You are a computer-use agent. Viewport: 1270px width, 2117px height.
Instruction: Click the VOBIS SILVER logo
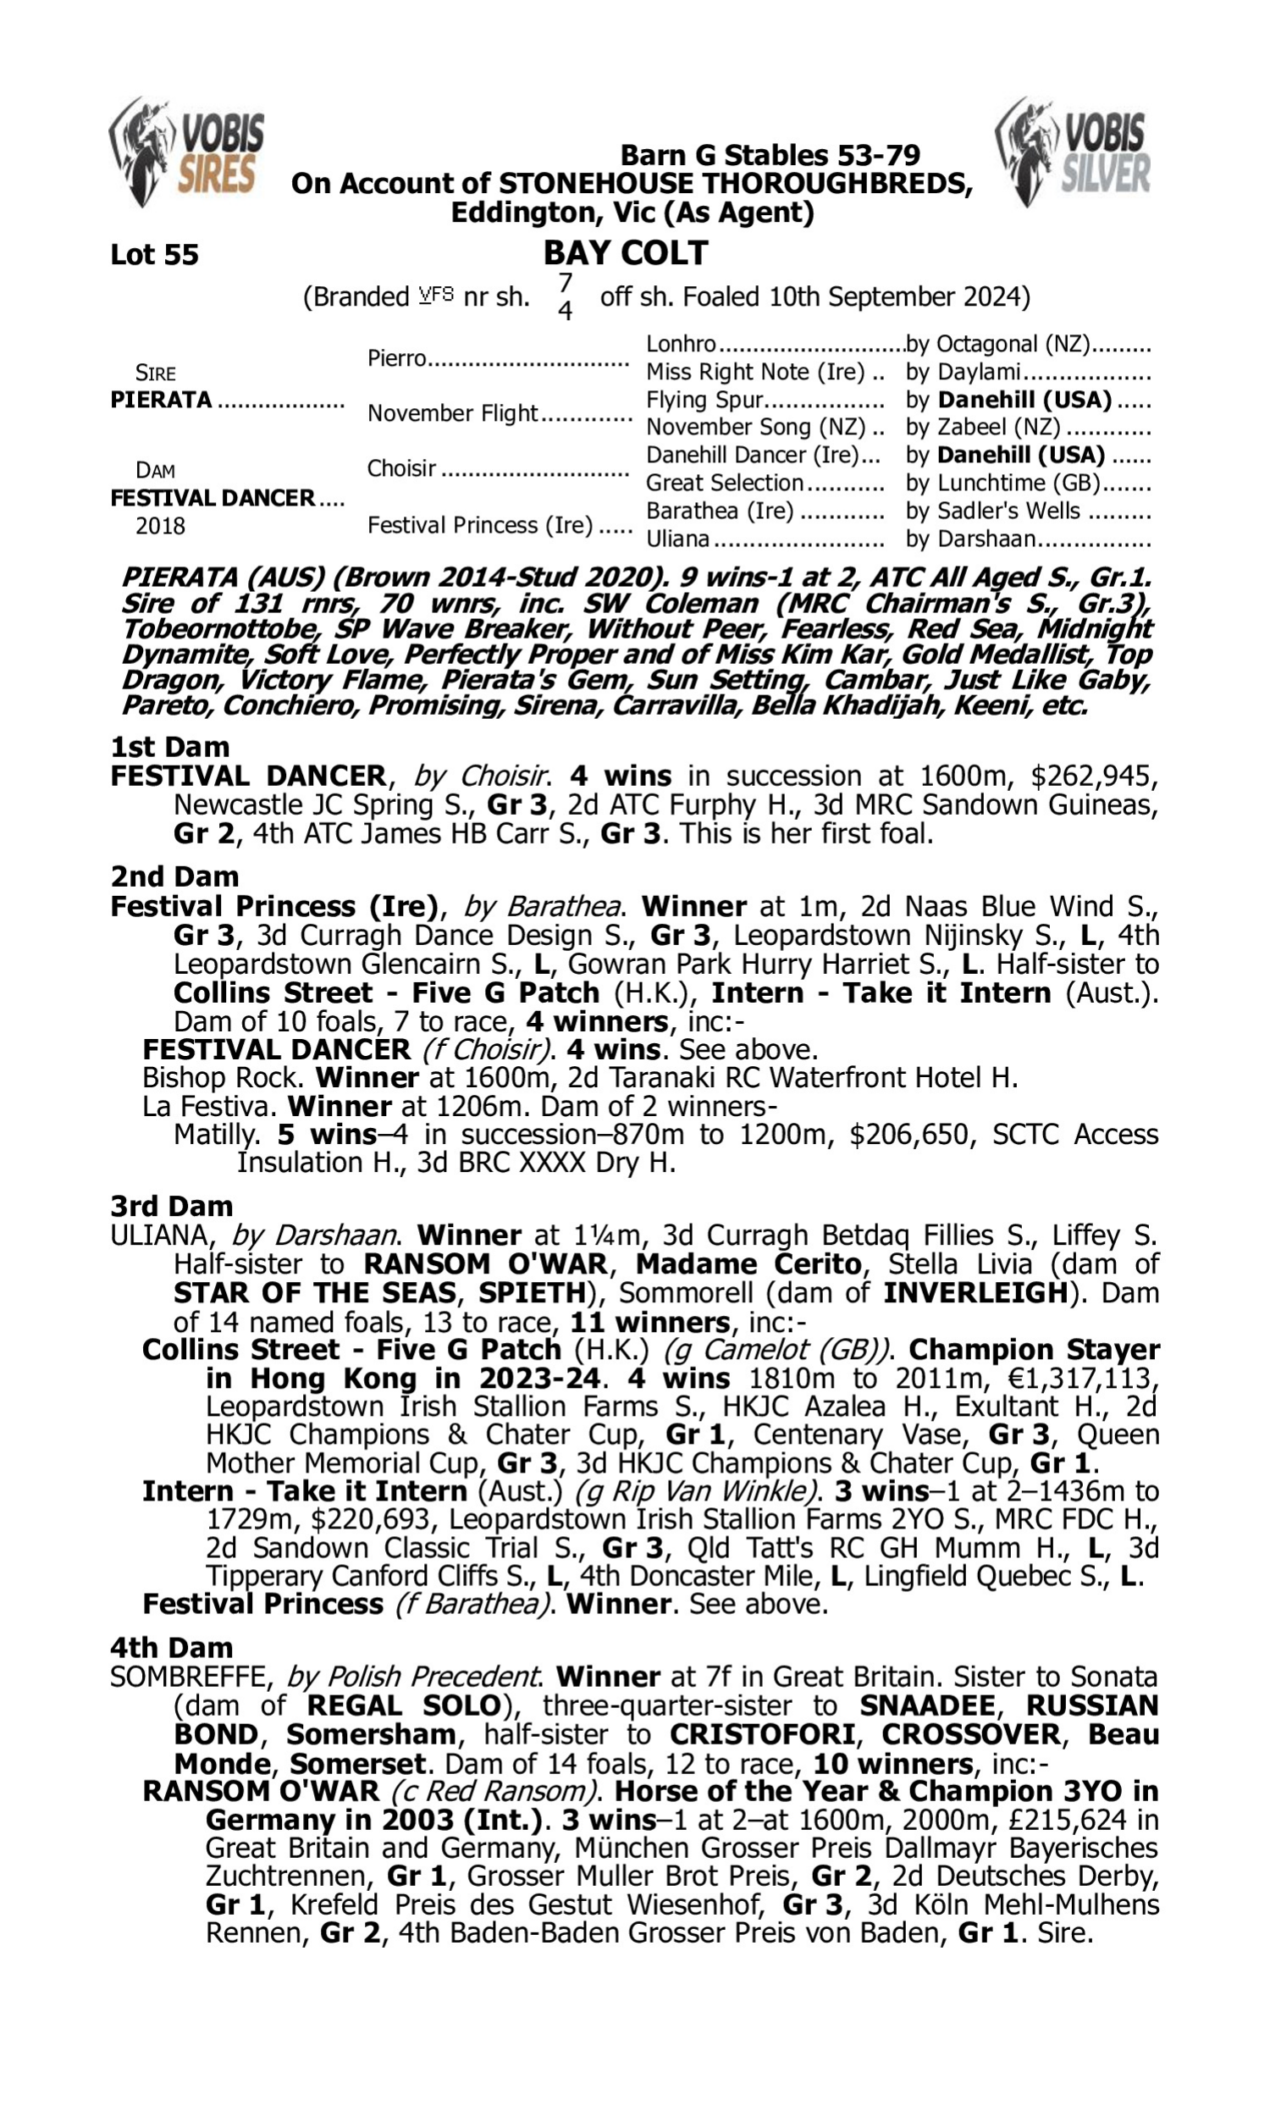click(1074, 152)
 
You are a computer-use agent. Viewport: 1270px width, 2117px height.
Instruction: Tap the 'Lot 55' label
click(154, 255)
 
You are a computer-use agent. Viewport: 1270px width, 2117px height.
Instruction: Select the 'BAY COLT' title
click(626, 253)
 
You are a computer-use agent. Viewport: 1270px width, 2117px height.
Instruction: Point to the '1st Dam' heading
click(169, 747)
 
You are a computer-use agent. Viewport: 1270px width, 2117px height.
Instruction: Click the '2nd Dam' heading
click(174, 876)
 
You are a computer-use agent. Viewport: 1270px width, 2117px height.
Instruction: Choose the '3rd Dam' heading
click(171, 1206)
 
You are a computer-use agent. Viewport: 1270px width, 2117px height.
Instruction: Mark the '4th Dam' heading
click(171, 1647)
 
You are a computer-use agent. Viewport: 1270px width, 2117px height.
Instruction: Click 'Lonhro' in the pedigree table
click(681, 344)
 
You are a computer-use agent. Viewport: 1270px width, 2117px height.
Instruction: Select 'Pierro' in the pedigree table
click(396, 357)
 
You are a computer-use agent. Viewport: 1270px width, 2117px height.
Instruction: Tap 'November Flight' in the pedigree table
click(452, 413)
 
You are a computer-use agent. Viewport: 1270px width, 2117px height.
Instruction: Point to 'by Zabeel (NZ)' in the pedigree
click(982, 427)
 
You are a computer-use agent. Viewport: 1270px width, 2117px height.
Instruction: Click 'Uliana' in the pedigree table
click(678, 539)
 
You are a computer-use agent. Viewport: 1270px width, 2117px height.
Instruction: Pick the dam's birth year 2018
click(160, 526)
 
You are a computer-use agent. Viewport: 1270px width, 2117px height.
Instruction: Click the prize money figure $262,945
click(1094, 777)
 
